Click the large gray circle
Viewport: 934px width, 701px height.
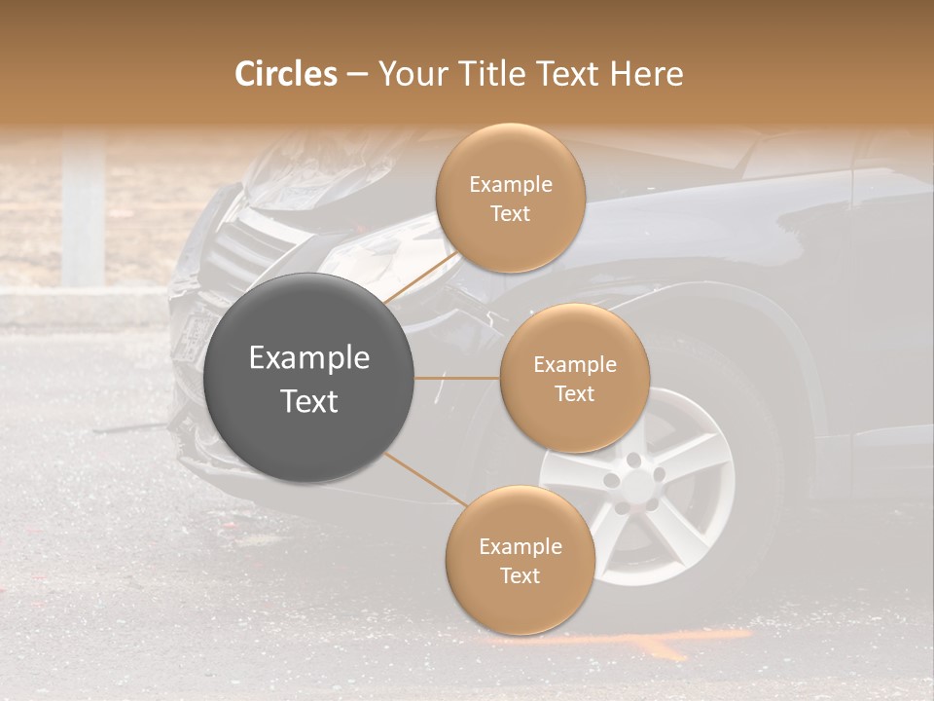pyautogui.click(x=309, y=378)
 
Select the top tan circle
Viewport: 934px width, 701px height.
pyautogui.click(x=510, y=198)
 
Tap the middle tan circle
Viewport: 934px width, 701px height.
pyautogui.click(x=574, y=378)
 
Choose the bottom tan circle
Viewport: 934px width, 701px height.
pyautogui.click(x=520, y=560)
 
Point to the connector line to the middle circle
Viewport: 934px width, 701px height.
pyautogui.click(x=457, y=378)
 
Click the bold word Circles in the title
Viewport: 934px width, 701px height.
pyautogui.click(x=286, y=74)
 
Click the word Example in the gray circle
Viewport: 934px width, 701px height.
pyautogui.click(x=309, y=358)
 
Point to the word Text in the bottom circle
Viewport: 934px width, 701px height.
pyautogui.click(x=520, y=575)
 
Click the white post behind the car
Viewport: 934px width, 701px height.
pyautogui.click(x=83, y=209)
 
